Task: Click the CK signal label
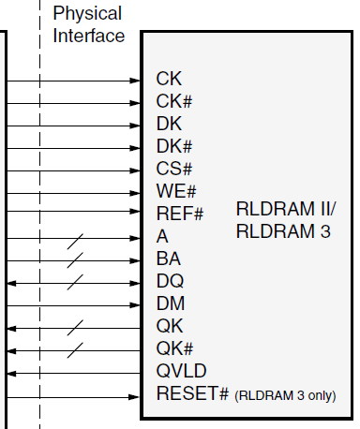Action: point(169,80)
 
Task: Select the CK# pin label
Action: point(174,102)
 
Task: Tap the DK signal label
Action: point(169,124)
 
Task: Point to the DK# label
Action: point(174,147)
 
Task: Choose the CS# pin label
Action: point(174,170)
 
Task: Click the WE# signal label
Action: point(176,192)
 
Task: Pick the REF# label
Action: point(180,214)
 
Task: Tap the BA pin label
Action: point(169,259)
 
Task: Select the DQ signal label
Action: point(170,282)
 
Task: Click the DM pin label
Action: point(170,304)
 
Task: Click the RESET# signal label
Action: point(192,394)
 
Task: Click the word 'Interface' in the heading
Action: point(89,37)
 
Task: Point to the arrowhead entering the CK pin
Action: point(135,81)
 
